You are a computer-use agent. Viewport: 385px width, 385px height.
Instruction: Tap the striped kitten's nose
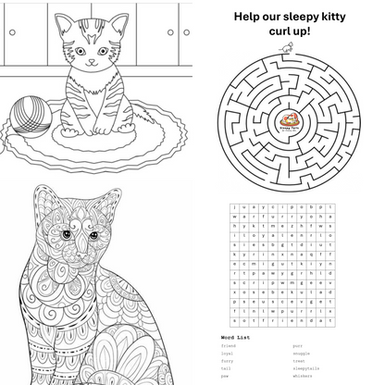pyautogui.click(x=91, y=63)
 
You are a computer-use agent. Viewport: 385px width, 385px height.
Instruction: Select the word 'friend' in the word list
pyautogui.click(x=229, y=345)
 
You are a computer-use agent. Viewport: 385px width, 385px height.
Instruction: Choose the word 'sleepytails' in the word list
pyautogui.click(x=308, y=369)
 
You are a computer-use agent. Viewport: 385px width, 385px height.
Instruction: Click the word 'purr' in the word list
pyautogui.click(x=297, y=345)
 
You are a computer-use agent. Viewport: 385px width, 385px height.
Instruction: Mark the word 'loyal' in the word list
pyautogui.click(x=228, y=354)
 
